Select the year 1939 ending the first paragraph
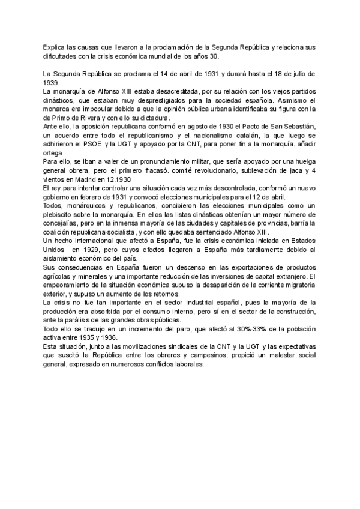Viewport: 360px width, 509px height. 52,82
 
